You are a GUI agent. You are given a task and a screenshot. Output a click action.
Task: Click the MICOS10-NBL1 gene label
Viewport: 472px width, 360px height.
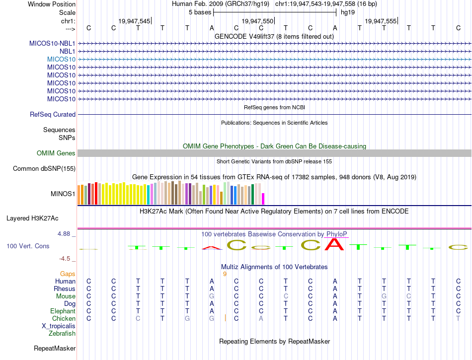pyautogui.click(x=52, y=43)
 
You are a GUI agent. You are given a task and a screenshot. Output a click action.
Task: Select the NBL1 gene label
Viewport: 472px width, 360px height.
pyautogui.click(x=67, y=51)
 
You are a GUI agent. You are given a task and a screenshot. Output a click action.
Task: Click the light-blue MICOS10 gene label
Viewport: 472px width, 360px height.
pyautogui.click(x=61, y=59)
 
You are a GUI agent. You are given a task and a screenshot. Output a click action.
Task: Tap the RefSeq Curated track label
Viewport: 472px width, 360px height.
pyautogui.click(x=53, y=115)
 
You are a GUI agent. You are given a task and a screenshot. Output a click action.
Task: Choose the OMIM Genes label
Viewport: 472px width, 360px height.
pyautogui.click(x=56, y=153)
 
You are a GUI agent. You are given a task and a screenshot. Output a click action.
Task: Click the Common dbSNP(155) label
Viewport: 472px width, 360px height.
pyautogui.click(x=44, y=169)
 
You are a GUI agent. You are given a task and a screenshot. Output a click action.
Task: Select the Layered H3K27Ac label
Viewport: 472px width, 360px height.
pyautogui.click(x=32, y=218)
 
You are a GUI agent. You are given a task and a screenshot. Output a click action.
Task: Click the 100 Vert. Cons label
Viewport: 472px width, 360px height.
pyautogui.click(x=28, y=246)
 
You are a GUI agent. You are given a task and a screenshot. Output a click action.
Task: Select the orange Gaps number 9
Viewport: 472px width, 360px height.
pyautogui.click(x=225, y=274)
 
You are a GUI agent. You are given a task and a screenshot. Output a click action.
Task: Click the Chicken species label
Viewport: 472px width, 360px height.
pyautogui.click(x=64, y=319)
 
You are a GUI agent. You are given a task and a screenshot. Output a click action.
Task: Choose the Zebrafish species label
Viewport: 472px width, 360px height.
pyautogui.click(x=62, y=334)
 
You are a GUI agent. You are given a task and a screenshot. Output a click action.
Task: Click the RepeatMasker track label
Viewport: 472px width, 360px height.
pyautogui.click(x=54, y=349)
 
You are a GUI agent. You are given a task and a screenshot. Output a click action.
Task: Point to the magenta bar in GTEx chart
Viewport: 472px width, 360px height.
pyautogui.click(x=263, y=199)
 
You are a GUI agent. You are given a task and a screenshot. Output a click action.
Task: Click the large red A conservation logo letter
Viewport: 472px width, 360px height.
pyautogui.click(x=335, y=244)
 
